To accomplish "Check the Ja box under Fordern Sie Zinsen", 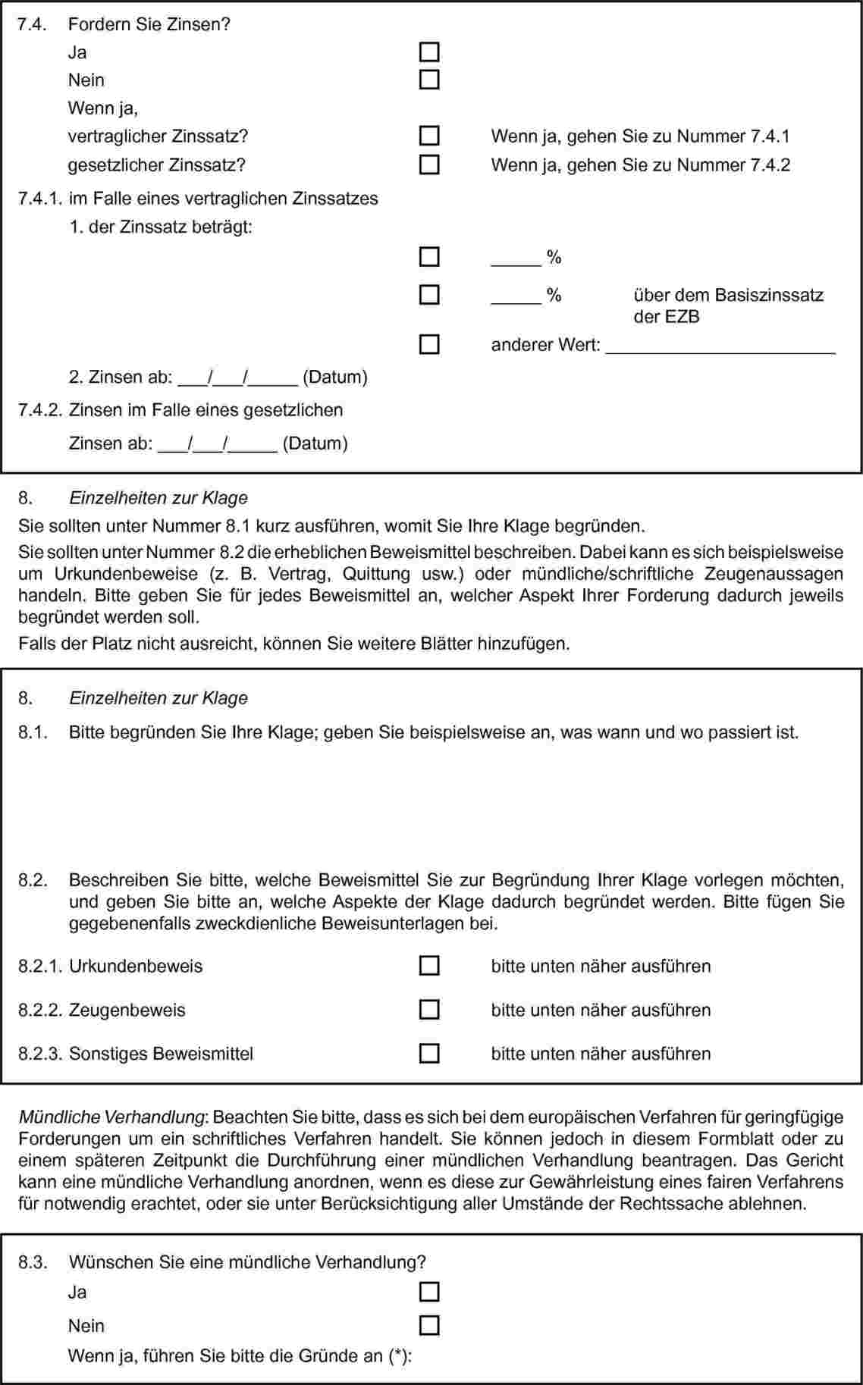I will pos(429,52).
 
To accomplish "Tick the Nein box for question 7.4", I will pos(429,80).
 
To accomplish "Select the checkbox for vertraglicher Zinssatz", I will pos(429,136).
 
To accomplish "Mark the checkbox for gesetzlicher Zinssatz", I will pos(429,165).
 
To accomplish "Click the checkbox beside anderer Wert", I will pos(429,345).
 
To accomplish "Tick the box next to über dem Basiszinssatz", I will pos(429,294).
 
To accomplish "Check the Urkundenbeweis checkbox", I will pos(429,966).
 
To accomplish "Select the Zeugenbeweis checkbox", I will pos(429,1010).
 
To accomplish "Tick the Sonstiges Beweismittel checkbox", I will pos(429,1054).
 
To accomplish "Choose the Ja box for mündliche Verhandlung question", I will pos(429,1292).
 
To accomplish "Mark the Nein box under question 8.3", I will pos(429,1325).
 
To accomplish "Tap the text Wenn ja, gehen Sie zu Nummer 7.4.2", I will pos(640,165).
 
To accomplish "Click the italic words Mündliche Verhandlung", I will pos(112,1117).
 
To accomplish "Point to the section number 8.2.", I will pos(33,880).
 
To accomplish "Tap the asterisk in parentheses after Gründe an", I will pos(397,1356).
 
